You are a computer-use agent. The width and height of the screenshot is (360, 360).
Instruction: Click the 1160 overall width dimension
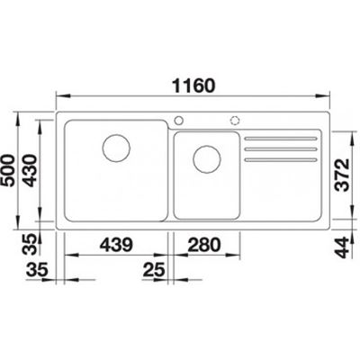[193, 85]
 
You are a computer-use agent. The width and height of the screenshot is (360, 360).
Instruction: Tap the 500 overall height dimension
[8, 170]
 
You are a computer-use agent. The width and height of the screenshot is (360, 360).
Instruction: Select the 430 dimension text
[30, 170]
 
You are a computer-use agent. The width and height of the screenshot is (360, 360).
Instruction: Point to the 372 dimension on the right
[342, 175]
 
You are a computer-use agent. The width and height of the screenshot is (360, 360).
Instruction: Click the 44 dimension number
[342, 247]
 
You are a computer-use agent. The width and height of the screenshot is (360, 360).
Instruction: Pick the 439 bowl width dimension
[116, 245]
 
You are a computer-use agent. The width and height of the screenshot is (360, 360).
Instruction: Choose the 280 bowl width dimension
[204, 245]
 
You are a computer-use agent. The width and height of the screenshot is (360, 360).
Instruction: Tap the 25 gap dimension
[154, 269]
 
